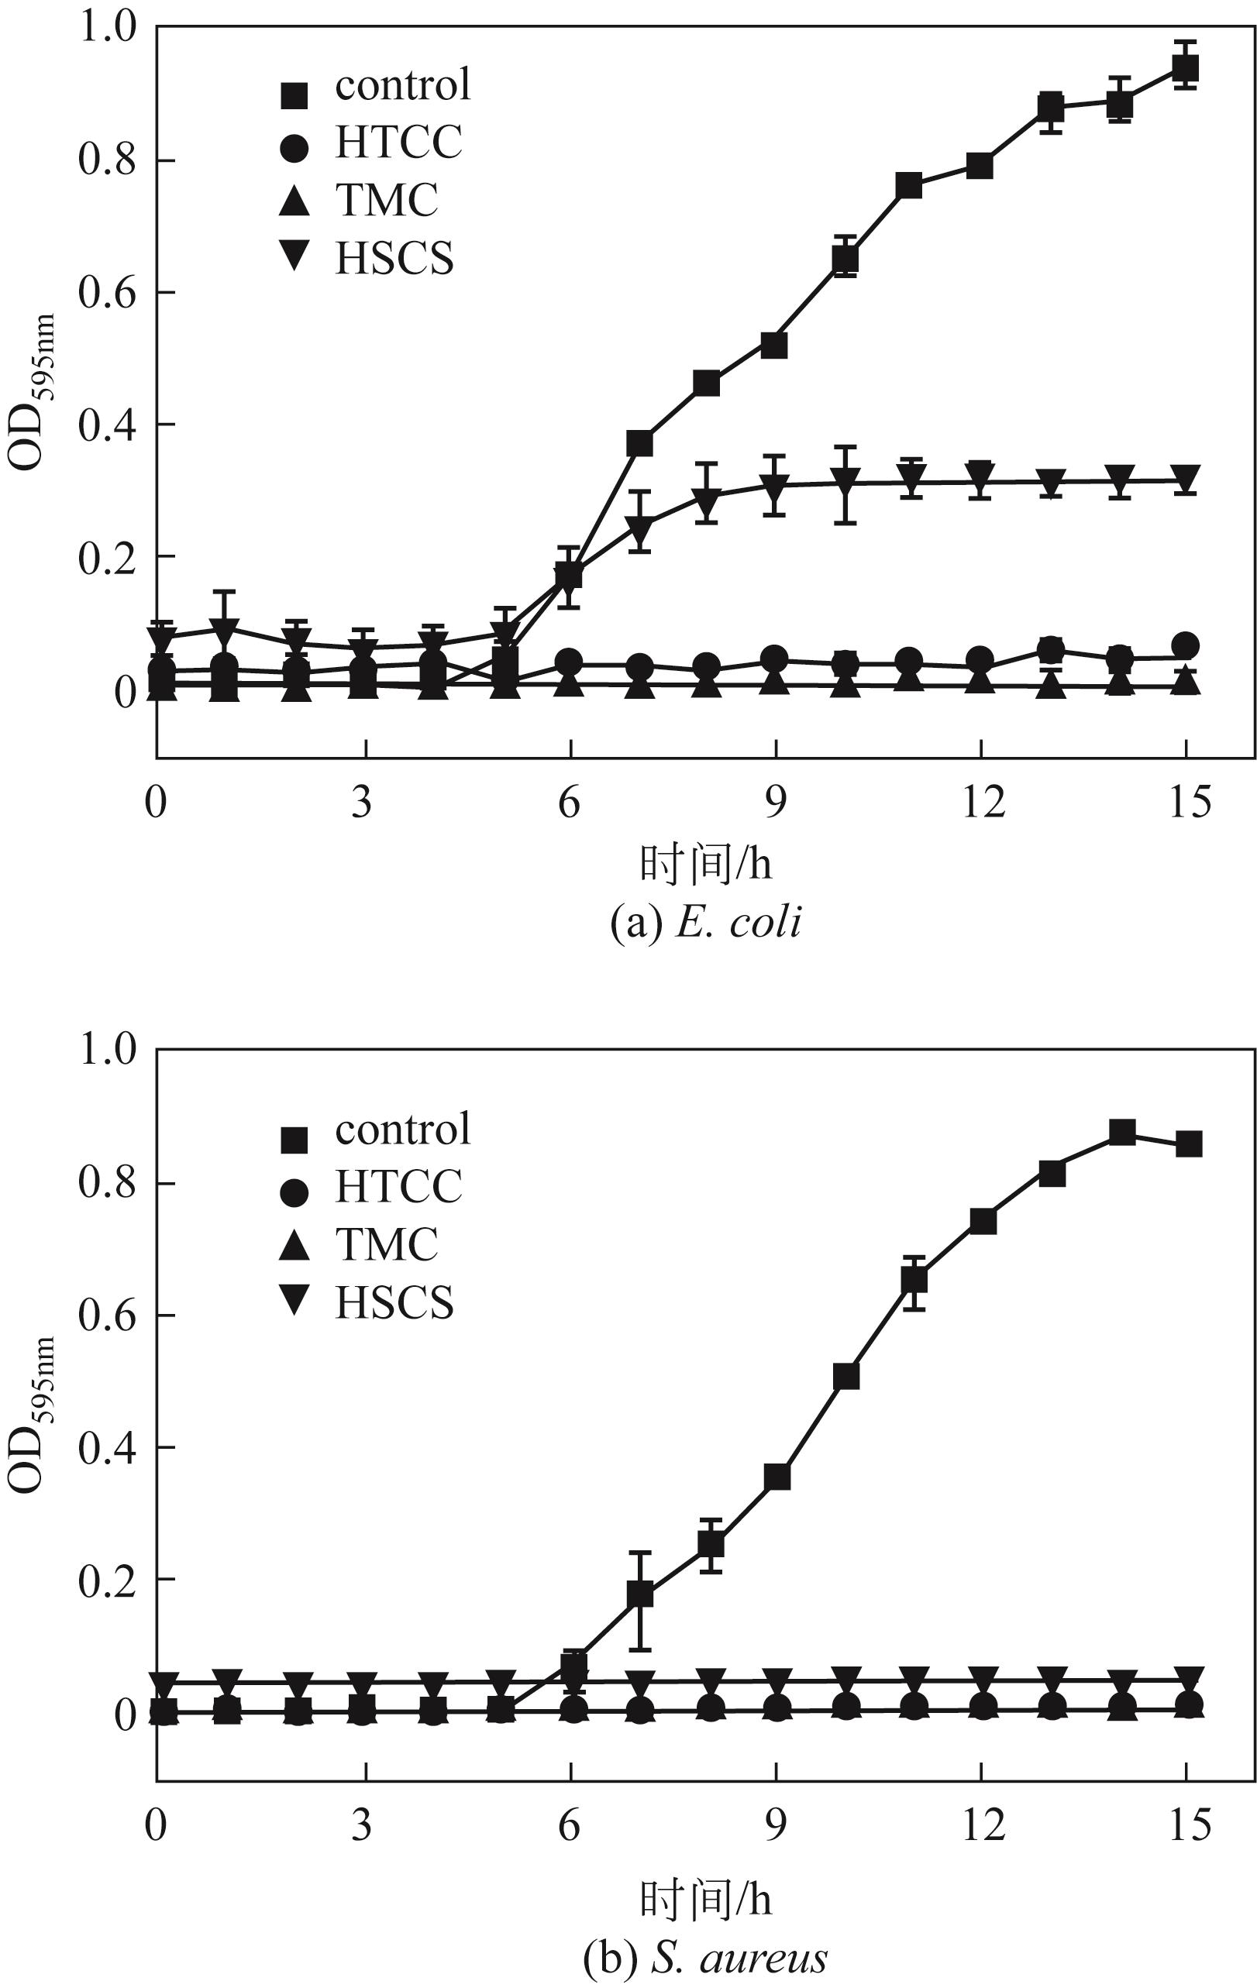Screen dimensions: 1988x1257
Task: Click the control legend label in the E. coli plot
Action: (402, 84)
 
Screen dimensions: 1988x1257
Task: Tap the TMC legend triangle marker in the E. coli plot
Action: (294, 201)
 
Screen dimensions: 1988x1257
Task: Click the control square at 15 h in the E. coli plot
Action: (1186, 67)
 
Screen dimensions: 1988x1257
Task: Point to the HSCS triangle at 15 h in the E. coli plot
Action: (1186, 478)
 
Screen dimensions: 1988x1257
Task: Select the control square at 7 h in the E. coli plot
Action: (639, 443)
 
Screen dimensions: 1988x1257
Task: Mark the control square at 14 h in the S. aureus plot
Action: (1121, 1132)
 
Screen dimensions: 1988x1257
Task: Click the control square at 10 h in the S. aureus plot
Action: (845, 1376)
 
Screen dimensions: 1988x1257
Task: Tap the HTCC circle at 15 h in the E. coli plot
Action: (1186, 645)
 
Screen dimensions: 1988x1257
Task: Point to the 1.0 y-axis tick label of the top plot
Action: (105, 28)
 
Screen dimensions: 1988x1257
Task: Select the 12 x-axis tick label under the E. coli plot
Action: (983, 802)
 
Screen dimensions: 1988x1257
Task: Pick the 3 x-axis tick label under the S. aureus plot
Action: (362, 1824)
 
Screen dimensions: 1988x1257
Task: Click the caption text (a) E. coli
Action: (704, 922)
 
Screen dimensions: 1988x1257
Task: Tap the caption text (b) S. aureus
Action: (704, 1952)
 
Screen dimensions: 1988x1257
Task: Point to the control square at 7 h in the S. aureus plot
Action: (639, 1595)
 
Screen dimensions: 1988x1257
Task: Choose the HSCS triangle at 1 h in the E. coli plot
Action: (225, 628)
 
